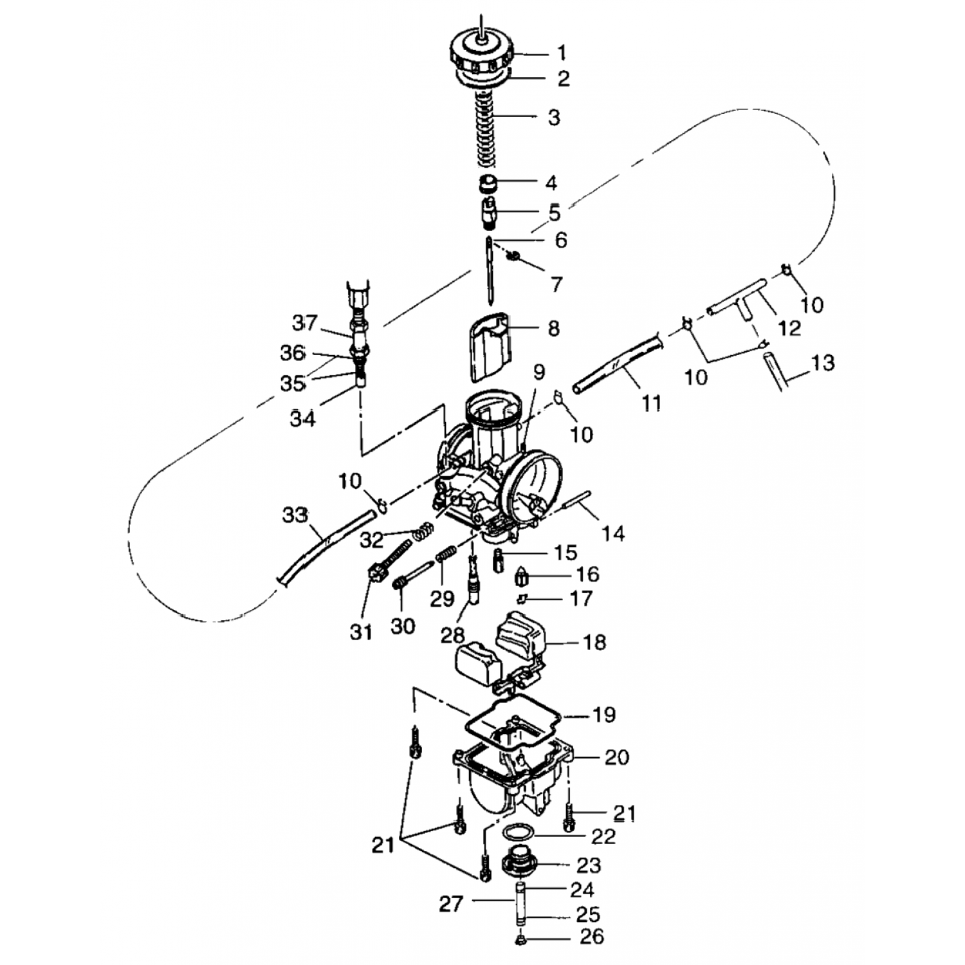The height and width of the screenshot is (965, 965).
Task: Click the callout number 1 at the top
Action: pos(561,52)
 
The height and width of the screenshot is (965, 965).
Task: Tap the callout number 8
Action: pos(553,329)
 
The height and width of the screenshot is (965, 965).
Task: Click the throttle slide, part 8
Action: pos(487,348)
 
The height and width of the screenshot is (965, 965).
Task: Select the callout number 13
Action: pos(823,363)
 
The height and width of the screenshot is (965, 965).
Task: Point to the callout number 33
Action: pos(295,515)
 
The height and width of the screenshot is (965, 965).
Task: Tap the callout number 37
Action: pos(305,322)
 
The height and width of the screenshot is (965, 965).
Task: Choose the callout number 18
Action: pos(594,642)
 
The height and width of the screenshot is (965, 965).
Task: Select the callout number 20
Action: pos(616,757)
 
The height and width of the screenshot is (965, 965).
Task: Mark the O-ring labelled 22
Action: pos(518,833)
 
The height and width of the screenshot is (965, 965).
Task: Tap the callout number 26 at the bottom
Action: pos(592,937)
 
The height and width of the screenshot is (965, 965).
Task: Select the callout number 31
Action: pos(361,632)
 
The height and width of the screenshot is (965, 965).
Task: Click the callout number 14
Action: pos(613,533)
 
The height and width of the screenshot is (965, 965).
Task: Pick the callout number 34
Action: pos(302,419)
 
